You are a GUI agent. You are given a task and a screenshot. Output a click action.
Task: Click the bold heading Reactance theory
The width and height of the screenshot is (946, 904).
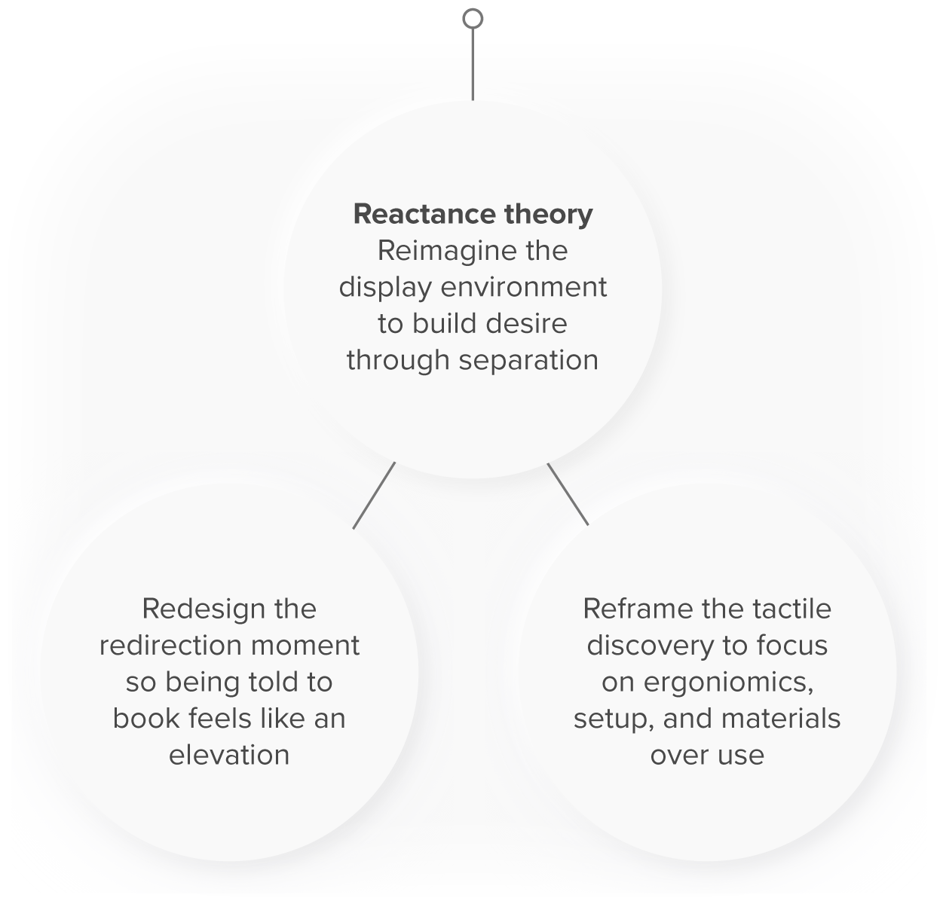(473, 214)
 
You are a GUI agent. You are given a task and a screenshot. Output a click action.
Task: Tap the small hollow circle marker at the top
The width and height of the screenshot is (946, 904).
(473, 18)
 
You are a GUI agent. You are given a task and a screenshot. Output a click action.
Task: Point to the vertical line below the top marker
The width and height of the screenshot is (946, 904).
(473, 64)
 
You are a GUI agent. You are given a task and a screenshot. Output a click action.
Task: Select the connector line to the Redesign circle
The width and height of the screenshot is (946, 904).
(374, 495)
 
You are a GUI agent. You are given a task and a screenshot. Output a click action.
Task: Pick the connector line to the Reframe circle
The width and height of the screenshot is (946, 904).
(568, 493)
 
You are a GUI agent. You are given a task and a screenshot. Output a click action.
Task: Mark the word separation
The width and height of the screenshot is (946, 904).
(528, 360)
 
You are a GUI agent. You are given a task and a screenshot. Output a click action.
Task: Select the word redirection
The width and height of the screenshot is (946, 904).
(169, 646)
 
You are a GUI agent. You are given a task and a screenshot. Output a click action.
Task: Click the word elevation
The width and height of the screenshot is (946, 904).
(229, 755)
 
